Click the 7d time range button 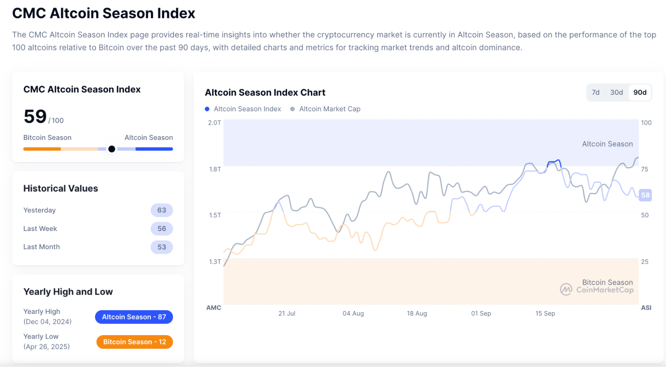(595, 92)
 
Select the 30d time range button (616, 92)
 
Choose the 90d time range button (640, 92)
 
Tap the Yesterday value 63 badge (162, 210)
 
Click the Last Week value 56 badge (162, 229)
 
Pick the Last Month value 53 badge (162, 247)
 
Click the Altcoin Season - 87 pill (134, 317)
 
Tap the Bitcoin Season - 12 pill (135, 342)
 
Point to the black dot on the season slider (112, 149)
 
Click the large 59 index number (35, 117)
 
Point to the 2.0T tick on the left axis (215, 123)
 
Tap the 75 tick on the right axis (645, 169)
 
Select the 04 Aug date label (353, 313)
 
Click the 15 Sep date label (545, 313)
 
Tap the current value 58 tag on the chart (645, 195)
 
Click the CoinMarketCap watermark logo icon (566, 289)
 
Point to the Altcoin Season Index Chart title (265, 92)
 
